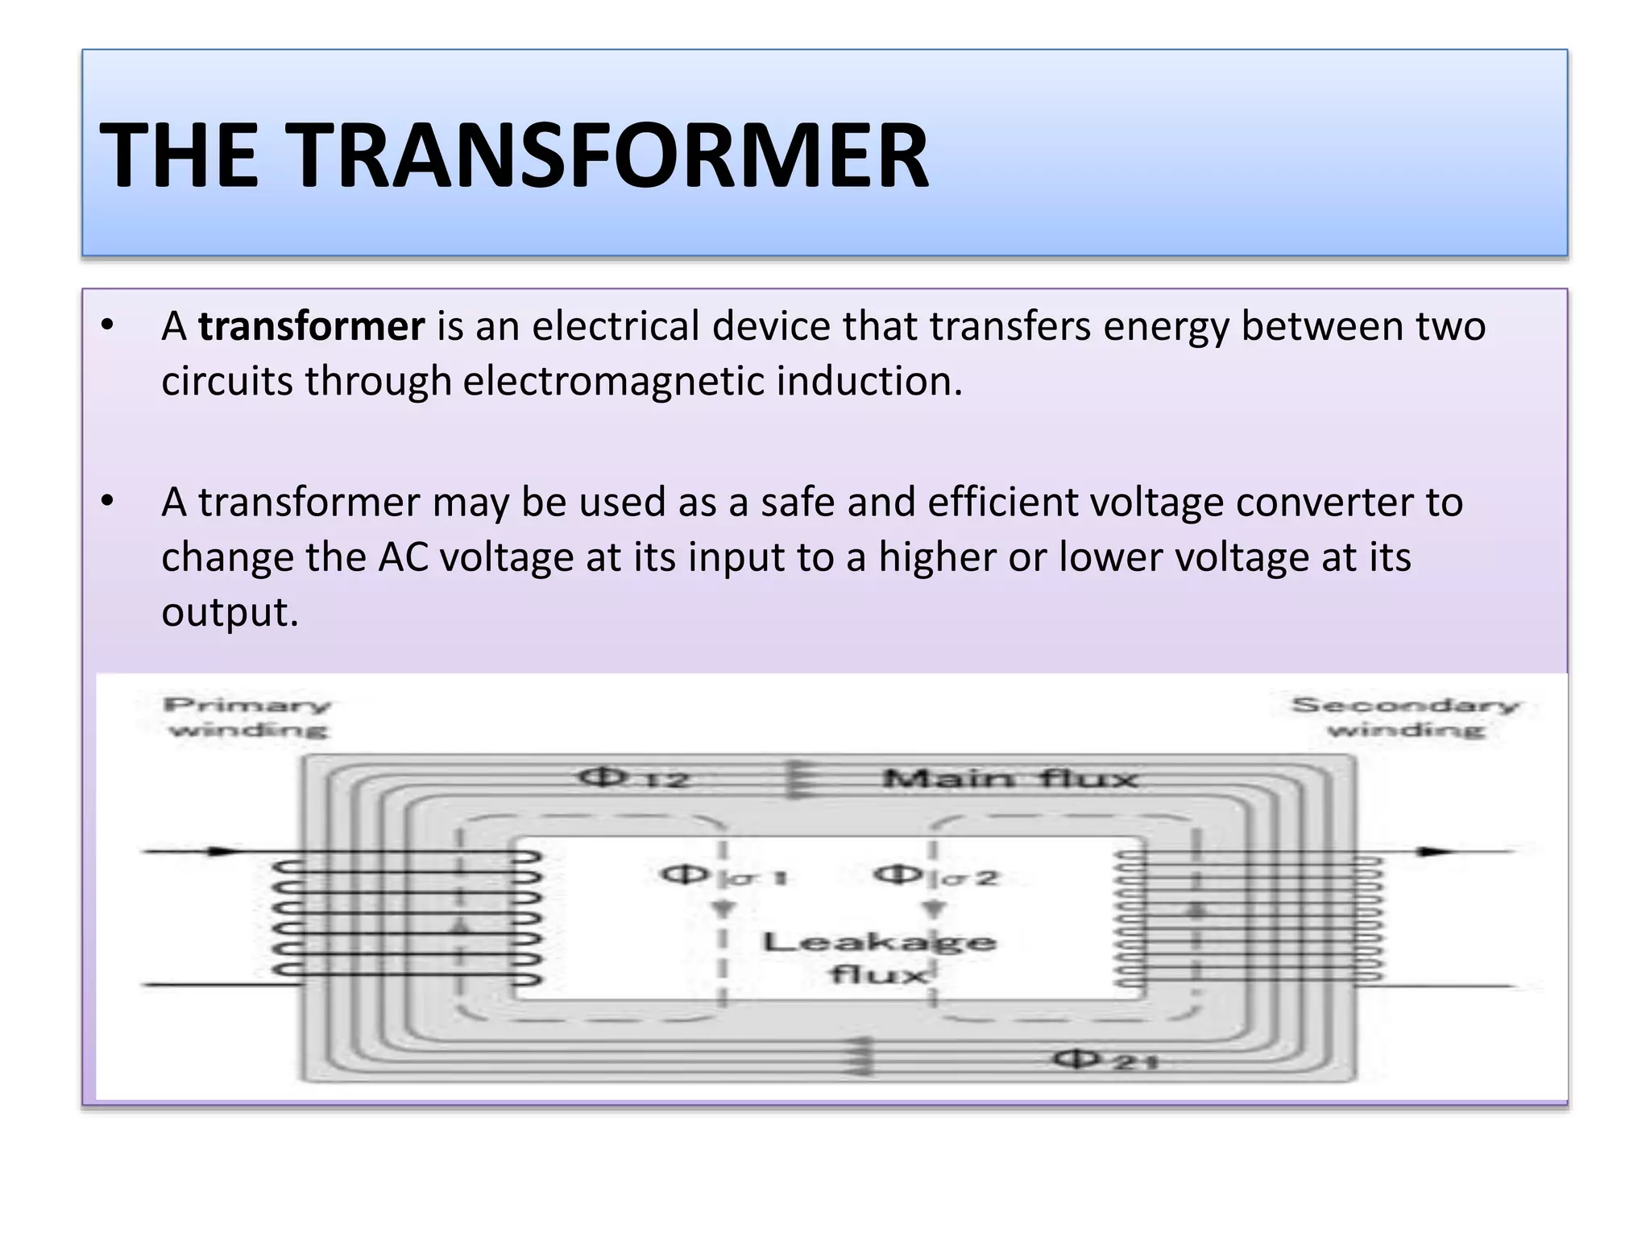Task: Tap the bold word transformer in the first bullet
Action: [311, 327]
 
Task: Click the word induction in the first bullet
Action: [869, 382]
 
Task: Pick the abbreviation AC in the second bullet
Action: [404, 557]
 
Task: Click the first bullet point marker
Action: [108, 326]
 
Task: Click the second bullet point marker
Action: [108, 502]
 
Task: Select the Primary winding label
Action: [247, 717]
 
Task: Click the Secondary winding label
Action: [1405, 717]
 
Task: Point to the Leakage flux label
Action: [878, 958]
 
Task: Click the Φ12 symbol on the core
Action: [633, 778]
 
